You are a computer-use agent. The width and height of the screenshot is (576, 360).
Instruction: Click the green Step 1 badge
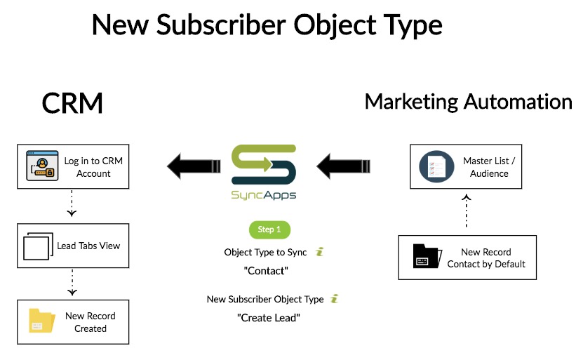click(269, 229)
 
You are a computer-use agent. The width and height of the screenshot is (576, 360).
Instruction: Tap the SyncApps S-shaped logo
click(264, 164)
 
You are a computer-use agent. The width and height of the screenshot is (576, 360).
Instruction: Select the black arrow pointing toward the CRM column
click(194, 166)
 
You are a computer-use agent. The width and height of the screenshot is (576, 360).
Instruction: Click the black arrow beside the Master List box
click(344, 166)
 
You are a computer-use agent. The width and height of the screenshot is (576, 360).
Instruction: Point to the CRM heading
click(72, 103)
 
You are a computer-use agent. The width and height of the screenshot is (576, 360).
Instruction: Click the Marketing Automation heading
click(469, 102)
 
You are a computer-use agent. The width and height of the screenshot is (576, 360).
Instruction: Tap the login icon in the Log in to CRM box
click(42, 166)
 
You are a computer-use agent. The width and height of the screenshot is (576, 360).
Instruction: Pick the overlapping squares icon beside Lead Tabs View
click(38, 246)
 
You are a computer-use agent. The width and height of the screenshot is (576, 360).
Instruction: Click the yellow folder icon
click(42, 321)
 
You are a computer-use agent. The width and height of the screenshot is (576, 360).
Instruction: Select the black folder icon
click(427, 256)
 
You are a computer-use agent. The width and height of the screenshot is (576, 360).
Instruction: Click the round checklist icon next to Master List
click(436, 166)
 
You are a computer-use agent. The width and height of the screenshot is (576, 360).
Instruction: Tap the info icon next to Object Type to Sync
click(320, 252)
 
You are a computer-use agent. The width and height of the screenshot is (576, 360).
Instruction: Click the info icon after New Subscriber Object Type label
click(334, 299)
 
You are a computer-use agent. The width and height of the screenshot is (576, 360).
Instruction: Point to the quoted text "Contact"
click(266, 271)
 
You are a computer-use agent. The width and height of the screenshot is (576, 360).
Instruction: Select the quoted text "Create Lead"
click(269, 317)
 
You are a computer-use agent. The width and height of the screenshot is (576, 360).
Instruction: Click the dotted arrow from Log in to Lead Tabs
click(72, 203)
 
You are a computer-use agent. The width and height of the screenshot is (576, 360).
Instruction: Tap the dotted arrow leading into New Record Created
click(72, 283)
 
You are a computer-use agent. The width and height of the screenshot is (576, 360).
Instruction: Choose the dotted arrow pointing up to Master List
click(467, 211)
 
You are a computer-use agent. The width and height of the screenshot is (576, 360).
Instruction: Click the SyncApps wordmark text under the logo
click(264, 195)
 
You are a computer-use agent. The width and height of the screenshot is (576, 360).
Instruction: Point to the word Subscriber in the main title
click(221, 25)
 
